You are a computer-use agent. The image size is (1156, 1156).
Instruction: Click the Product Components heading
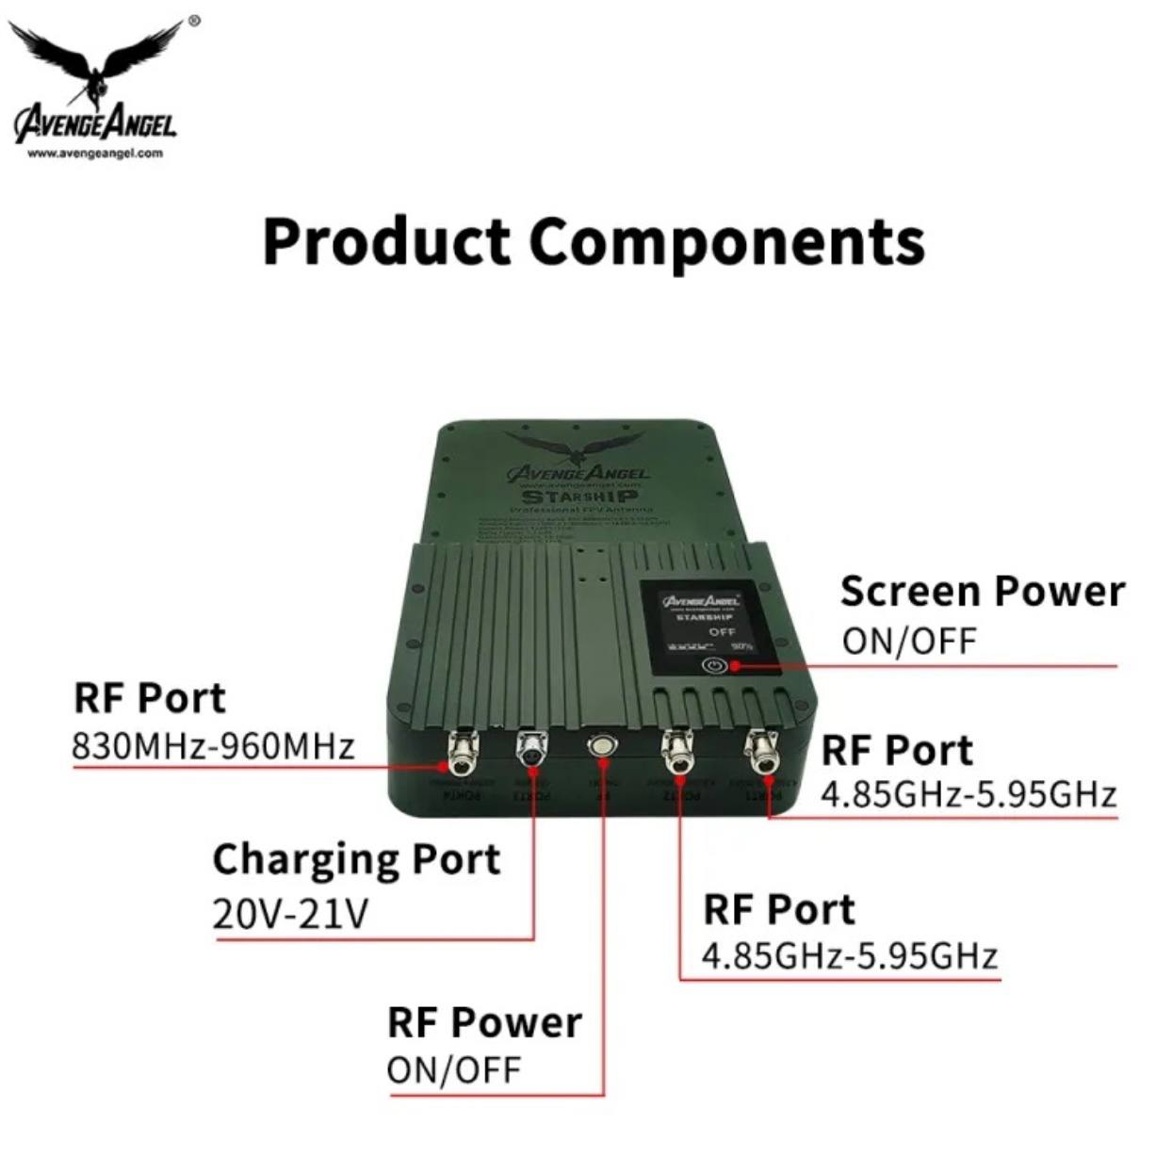coord(594,241)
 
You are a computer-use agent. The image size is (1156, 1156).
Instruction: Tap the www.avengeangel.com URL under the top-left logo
coord(95,153)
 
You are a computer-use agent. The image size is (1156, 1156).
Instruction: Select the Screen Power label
coord(982,592)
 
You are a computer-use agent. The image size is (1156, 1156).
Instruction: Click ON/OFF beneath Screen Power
coord(909,642)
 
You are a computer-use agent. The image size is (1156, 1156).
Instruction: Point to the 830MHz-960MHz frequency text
coord(214,745)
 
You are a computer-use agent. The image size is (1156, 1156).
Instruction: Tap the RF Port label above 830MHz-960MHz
coord(150,698)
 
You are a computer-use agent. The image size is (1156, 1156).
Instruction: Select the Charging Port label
coord(356,859)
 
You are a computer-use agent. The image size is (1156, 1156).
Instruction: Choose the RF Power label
coord(484,1022)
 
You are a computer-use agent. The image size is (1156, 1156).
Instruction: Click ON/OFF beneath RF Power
coord(453,1070)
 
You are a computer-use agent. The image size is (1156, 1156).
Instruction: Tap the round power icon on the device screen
coord(715,665)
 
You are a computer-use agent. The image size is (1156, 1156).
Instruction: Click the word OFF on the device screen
coord(722,631)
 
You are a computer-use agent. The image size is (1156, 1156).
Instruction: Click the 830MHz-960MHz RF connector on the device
coord(463,751)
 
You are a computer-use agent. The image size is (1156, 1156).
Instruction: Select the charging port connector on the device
coord(530,750)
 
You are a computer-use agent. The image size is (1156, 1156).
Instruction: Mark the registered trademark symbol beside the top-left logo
coord(194,19)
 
